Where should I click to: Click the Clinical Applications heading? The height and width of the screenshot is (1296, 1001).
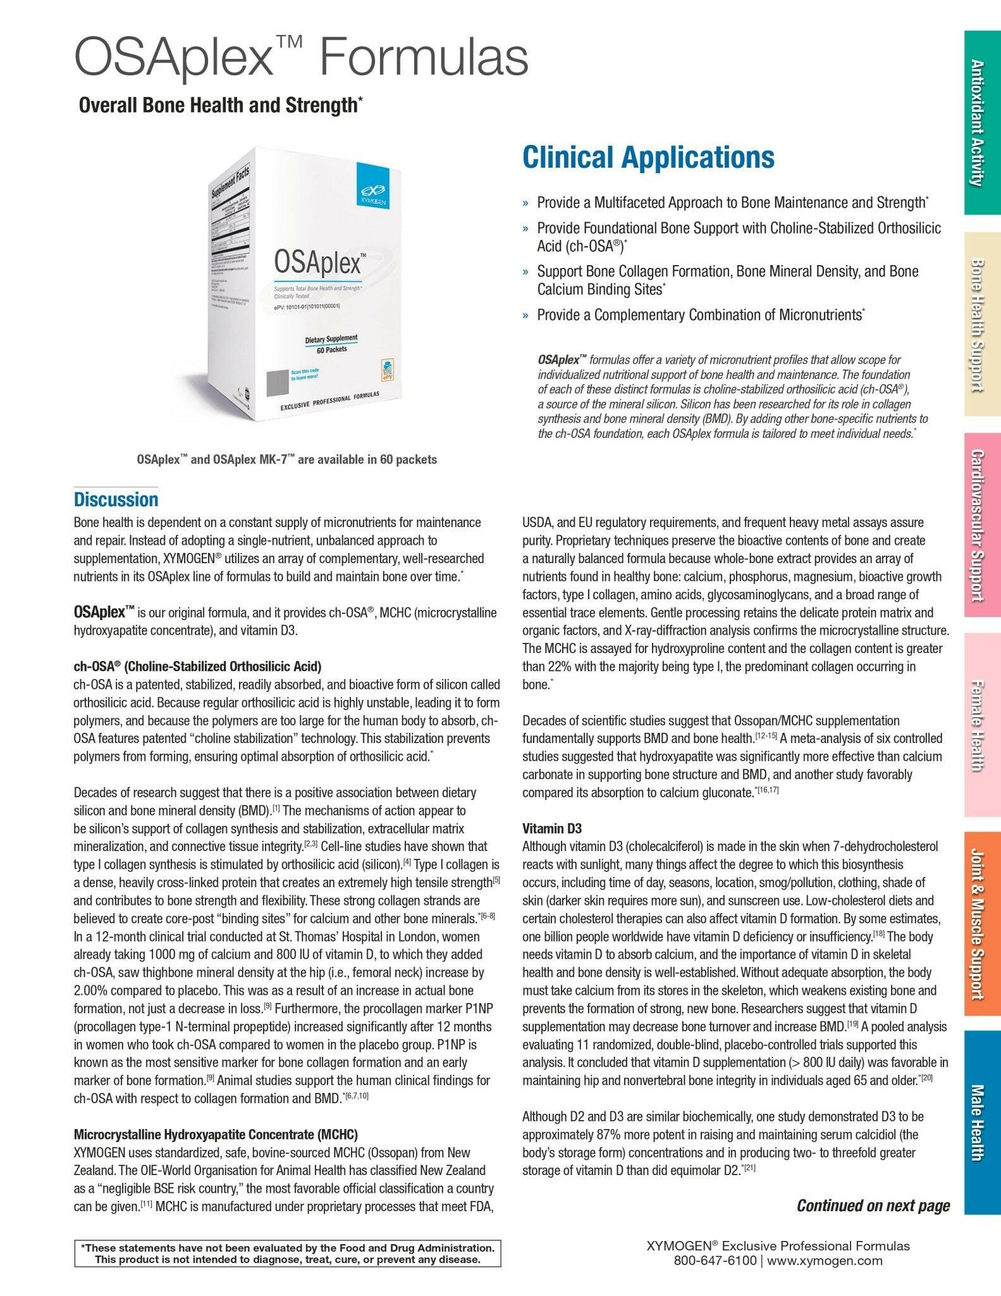(648, 158)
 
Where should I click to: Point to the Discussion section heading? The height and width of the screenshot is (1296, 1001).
(116, 499)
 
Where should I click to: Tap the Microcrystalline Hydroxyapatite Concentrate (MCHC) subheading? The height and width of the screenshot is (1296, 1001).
(215, 1133)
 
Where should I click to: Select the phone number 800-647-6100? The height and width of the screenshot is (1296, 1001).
(715, 1260)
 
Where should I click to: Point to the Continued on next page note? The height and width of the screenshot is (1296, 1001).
(873, 1206)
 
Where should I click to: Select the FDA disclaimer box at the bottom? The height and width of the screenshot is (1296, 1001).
(287, 1254)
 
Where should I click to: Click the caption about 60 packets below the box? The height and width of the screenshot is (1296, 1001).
(286, 459)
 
